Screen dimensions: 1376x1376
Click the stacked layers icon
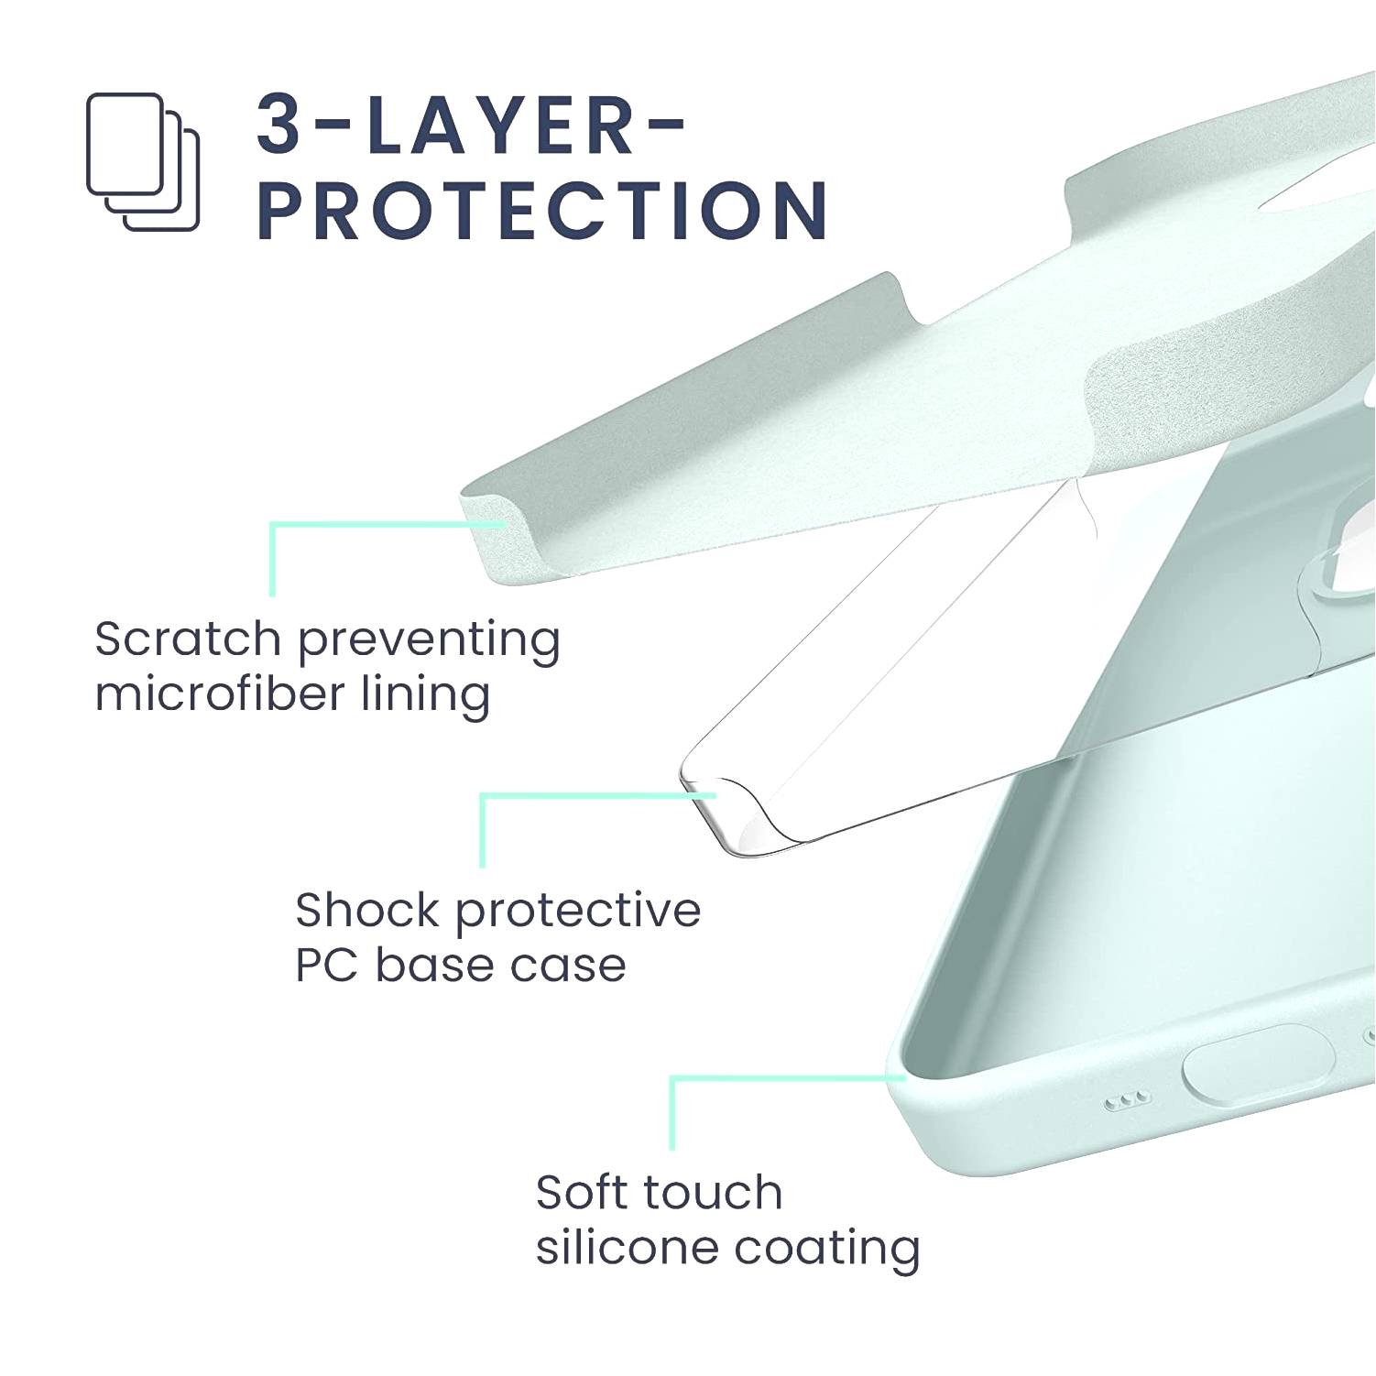coord(143,161)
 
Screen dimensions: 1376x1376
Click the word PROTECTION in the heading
coord(543,211)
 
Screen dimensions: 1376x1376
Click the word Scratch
coord(187,639)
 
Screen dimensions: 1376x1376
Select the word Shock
coord(368,910)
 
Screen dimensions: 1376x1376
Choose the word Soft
coord(586,1192)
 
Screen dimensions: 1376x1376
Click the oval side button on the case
coord(1259,1064)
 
